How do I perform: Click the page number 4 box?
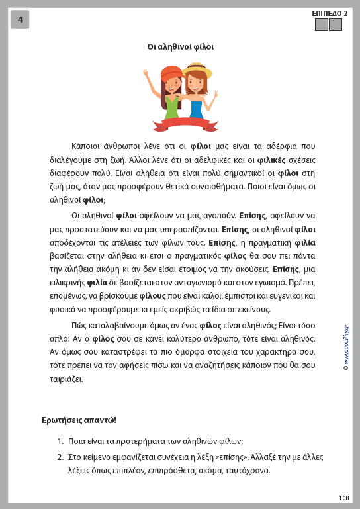[20, 20]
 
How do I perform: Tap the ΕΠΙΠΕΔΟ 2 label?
[330, 13]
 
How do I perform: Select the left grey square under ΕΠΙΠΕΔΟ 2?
[322, 25]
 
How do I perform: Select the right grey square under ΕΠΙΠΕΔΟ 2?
[336, 25]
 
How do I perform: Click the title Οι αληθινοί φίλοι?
[180, 46]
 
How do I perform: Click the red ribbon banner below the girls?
[185, 122]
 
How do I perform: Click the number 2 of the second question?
[60, 457]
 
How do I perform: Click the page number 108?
[343, 498]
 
